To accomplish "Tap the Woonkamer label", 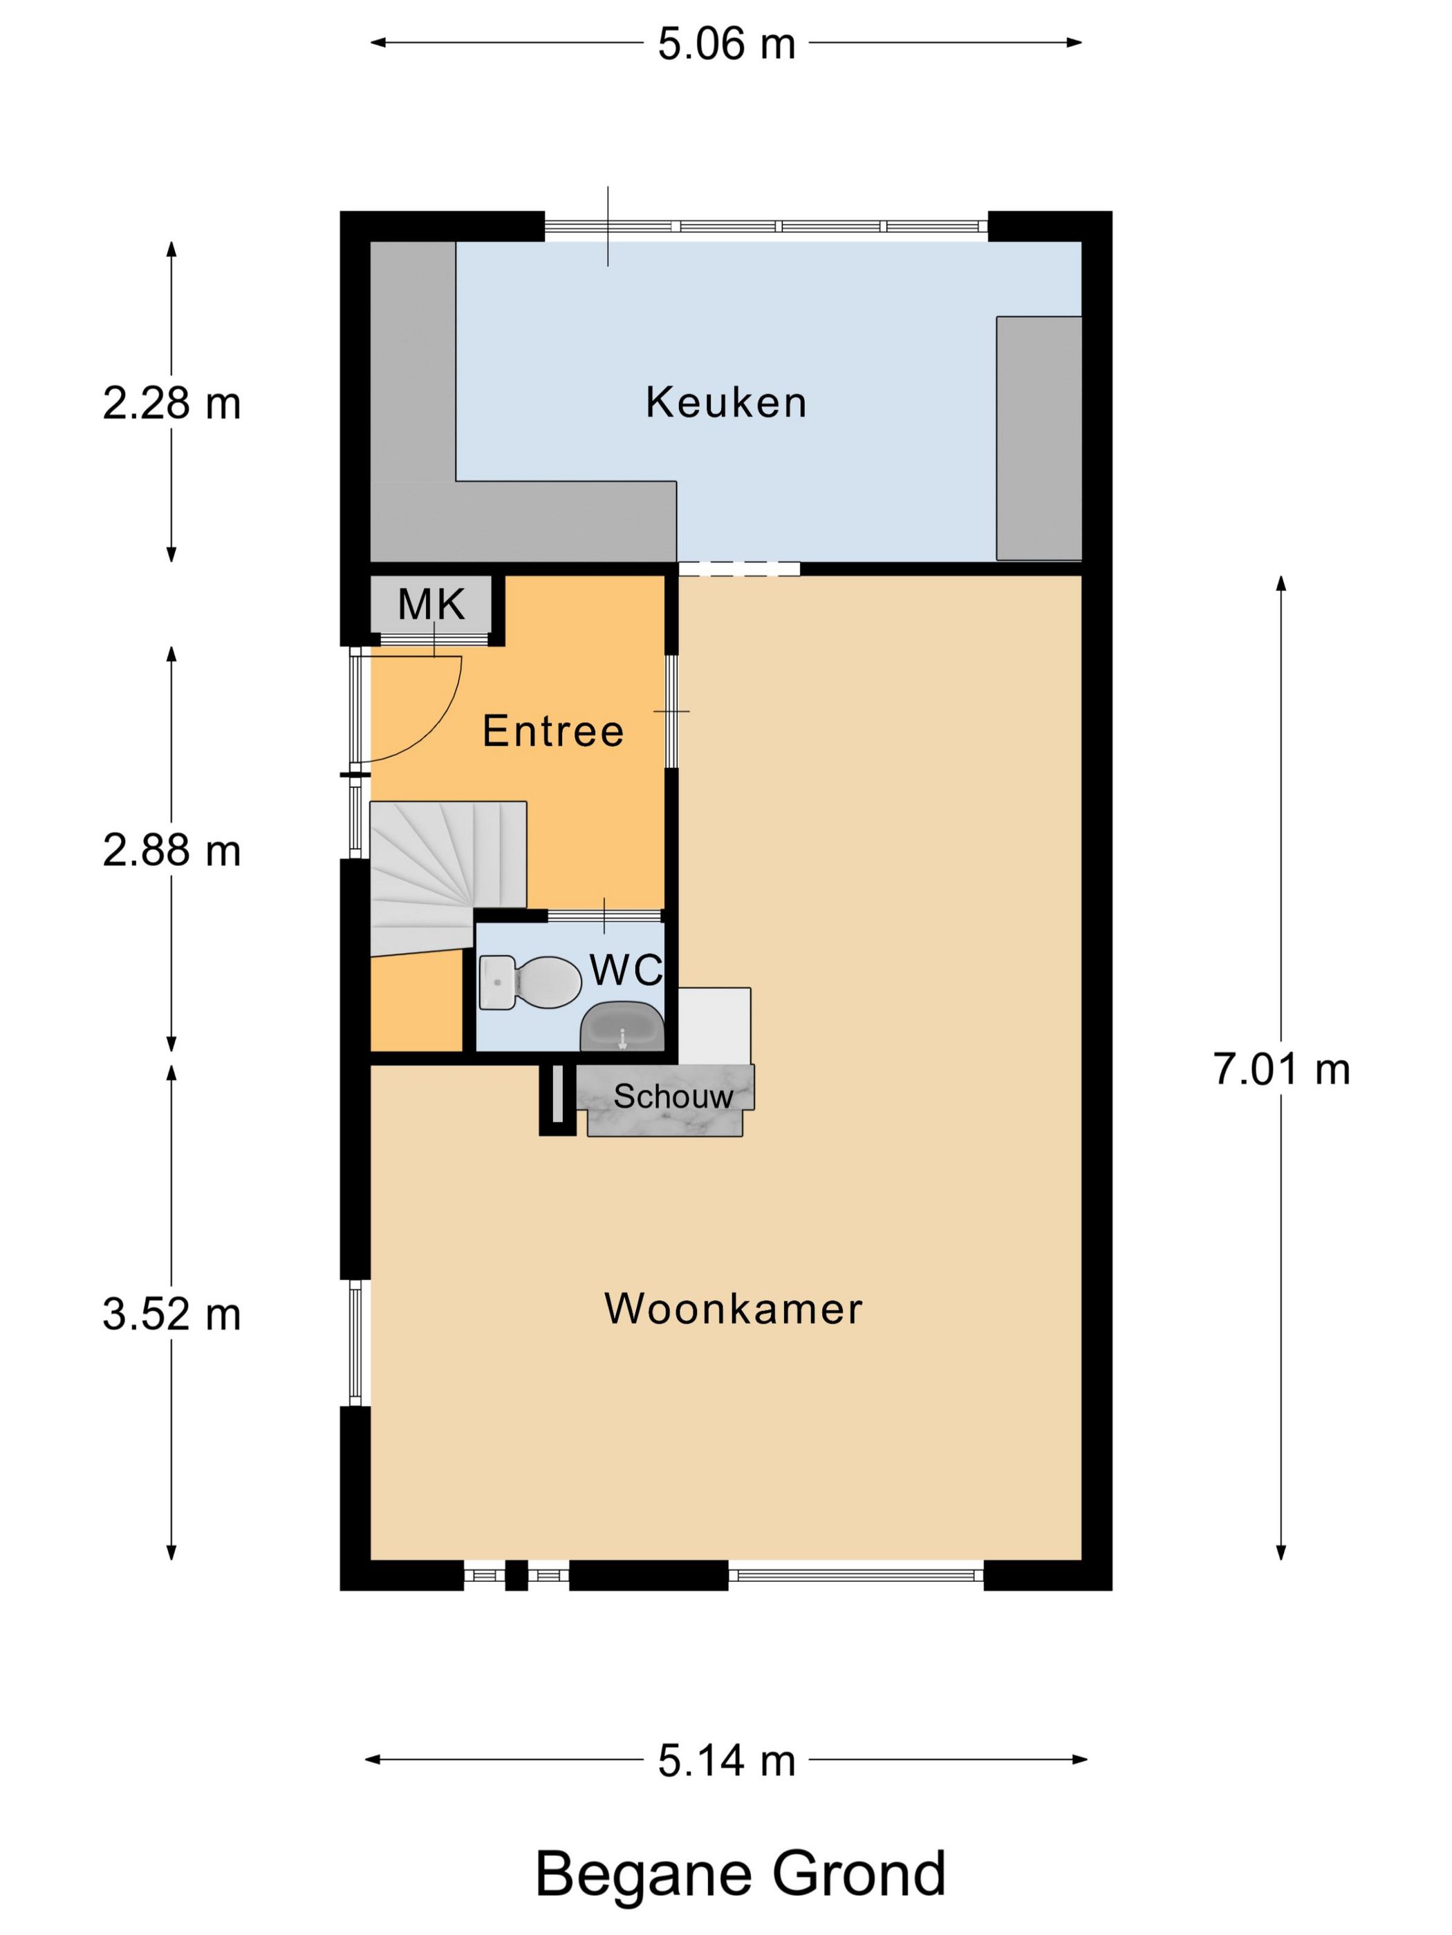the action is tap(734, 1309).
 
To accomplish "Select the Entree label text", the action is tap(553, 730).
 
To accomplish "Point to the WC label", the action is tap(626, 970).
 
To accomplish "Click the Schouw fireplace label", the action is tap(673, 1096).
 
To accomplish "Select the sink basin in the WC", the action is tap(622, 1027).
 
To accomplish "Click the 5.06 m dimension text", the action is tap(727, 44).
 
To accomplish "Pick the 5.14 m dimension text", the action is tap(727, 1760).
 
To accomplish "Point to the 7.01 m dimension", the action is tap(1281, 1069).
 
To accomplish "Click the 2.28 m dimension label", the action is tap(171, 404).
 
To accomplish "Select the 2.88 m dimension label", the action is tap(171, 850).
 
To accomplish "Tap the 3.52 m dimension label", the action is tap(171, 1315).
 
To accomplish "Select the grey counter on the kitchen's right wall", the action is tap(1039, 438).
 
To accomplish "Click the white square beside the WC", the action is tap(714, 1026).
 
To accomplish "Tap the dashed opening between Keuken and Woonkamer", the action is tap(738, 569).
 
